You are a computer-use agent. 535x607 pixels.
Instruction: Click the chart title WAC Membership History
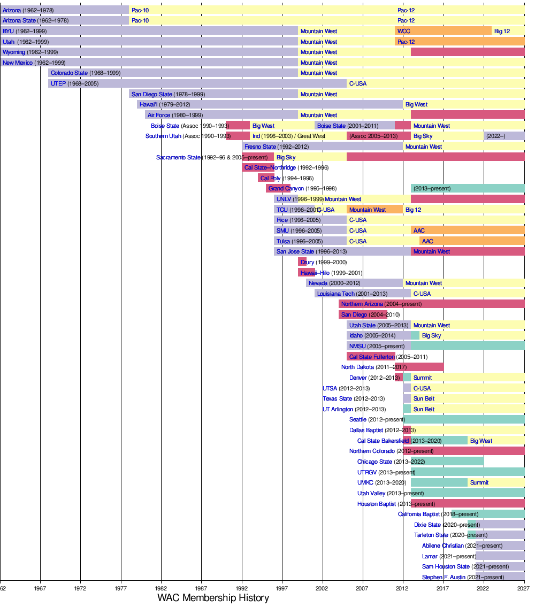(213, 598)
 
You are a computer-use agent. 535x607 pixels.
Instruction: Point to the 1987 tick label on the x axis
(201, 588)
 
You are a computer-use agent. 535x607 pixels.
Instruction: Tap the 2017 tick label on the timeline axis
(442, 588)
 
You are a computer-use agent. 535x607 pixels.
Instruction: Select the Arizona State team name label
(19, 20)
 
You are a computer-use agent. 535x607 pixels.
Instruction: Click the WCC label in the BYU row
(404, 31)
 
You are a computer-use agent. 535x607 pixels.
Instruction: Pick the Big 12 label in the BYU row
(502, 31)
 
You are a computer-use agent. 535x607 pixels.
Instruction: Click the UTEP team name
(58, 83)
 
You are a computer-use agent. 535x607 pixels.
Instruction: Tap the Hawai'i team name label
(149, 104)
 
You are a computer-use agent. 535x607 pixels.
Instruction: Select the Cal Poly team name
(270, 178)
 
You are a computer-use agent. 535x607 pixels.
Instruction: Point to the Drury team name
(307, 262)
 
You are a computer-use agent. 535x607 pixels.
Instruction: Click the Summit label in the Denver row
(422, 378)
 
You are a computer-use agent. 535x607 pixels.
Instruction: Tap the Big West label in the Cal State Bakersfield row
(481, 441)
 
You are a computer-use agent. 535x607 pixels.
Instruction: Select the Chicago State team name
(374, 462)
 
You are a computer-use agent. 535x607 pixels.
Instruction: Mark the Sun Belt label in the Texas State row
(424, 398)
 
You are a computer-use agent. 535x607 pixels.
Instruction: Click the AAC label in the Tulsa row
(427, 241)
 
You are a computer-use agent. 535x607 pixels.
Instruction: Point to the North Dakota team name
(357, 367)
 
